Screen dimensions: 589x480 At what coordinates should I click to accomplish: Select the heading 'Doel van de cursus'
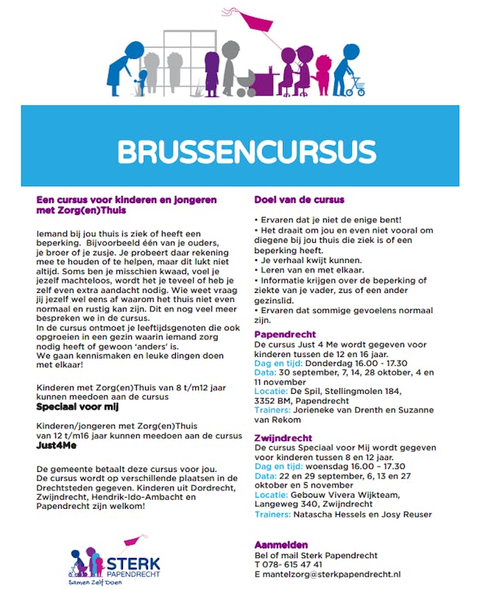[x=299, y=200]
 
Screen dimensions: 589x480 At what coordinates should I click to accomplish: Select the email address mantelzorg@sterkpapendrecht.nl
[x=331, y=574]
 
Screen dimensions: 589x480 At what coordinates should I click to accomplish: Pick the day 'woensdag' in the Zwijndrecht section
[x=326, y=466]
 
